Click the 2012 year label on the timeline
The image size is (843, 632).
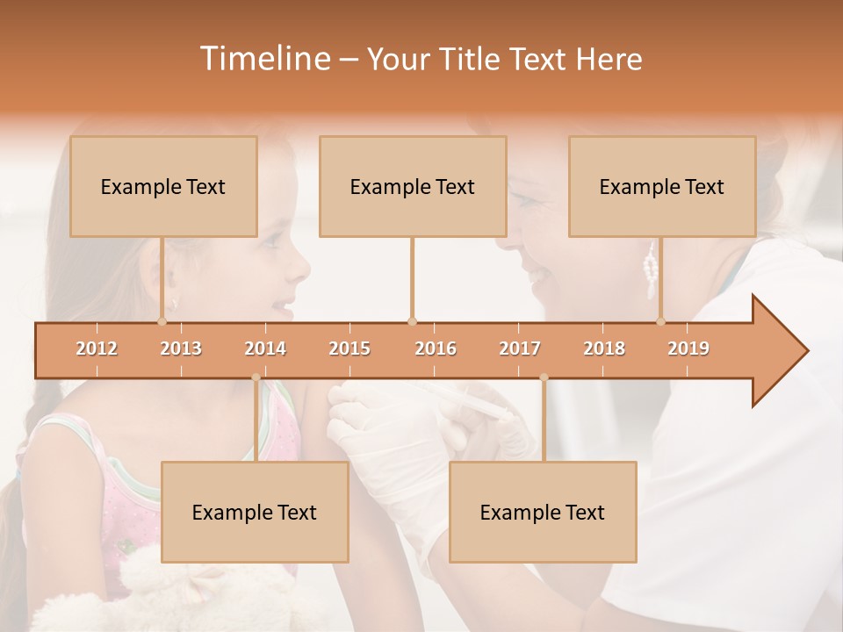pos(97,348)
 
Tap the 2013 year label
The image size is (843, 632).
pos(181,348)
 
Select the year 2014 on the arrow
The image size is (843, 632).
pos(265,348)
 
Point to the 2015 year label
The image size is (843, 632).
pos(349,348)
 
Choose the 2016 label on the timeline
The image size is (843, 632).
pos(436,348)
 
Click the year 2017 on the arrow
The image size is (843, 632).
pos(520,348)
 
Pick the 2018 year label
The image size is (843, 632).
pos(604,348)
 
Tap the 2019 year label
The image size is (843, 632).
pos(688,348)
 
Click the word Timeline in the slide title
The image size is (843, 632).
pos(263,59)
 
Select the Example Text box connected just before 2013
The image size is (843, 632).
pos(163,186)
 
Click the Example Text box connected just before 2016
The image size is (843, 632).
pos(413,186)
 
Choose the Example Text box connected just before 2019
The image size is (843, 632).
pos(662,186)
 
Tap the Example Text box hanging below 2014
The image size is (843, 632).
pos(255,512)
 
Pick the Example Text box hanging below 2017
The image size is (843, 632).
pos(543,512)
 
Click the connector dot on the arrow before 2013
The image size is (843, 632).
pos(162,321)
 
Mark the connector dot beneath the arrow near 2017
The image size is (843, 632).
pos(544,378)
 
